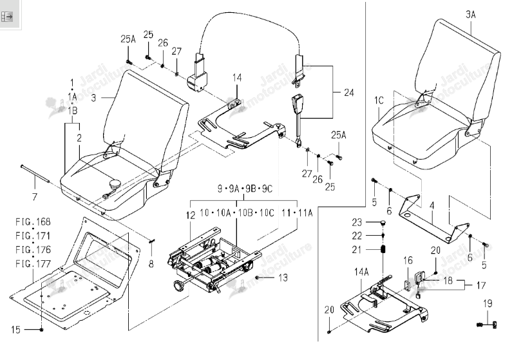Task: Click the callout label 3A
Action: [471, 14]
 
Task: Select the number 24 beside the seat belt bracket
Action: [348, 93]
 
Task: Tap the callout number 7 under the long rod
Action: [34, 197]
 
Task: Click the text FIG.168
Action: [33, 222]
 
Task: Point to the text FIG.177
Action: [33, 263]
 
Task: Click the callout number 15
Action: [15, 330]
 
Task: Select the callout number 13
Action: [283, 278]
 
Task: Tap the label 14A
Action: [361, 272]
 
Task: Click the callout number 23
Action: [357, 222]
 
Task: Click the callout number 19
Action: [488, 303]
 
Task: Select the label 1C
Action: [379, 100]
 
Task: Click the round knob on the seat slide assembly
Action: [179, 285]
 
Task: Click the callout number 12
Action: [191, 215]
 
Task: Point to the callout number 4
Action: [431, 205]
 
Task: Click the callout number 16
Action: [408, 260]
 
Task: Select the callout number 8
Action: [151, 263]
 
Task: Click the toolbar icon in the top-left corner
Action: [6, 16]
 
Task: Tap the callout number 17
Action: [480, 285]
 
